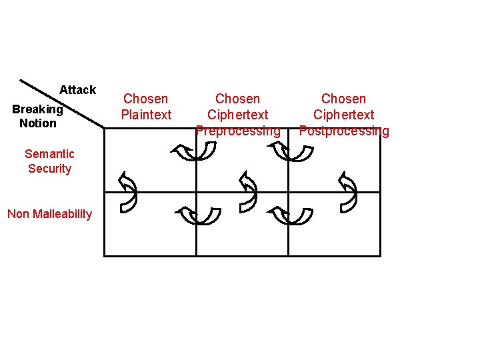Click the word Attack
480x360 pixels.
pos(77,89)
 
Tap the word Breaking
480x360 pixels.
pos(37,109)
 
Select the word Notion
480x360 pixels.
pos(38,123)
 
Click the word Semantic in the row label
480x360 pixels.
pos(49,154)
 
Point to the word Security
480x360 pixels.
pos(49,169)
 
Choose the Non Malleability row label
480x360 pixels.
pos(49,214)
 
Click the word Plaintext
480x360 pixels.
pos(146,115)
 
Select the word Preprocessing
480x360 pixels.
pos(238,131)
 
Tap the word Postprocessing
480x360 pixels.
pos(343,131)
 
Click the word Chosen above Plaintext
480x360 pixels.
pos(146,99)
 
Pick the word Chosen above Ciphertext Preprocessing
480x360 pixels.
pos(238,99)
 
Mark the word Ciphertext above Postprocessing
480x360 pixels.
pos(343,115)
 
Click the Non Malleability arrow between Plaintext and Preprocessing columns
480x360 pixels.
pos(198,215)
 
